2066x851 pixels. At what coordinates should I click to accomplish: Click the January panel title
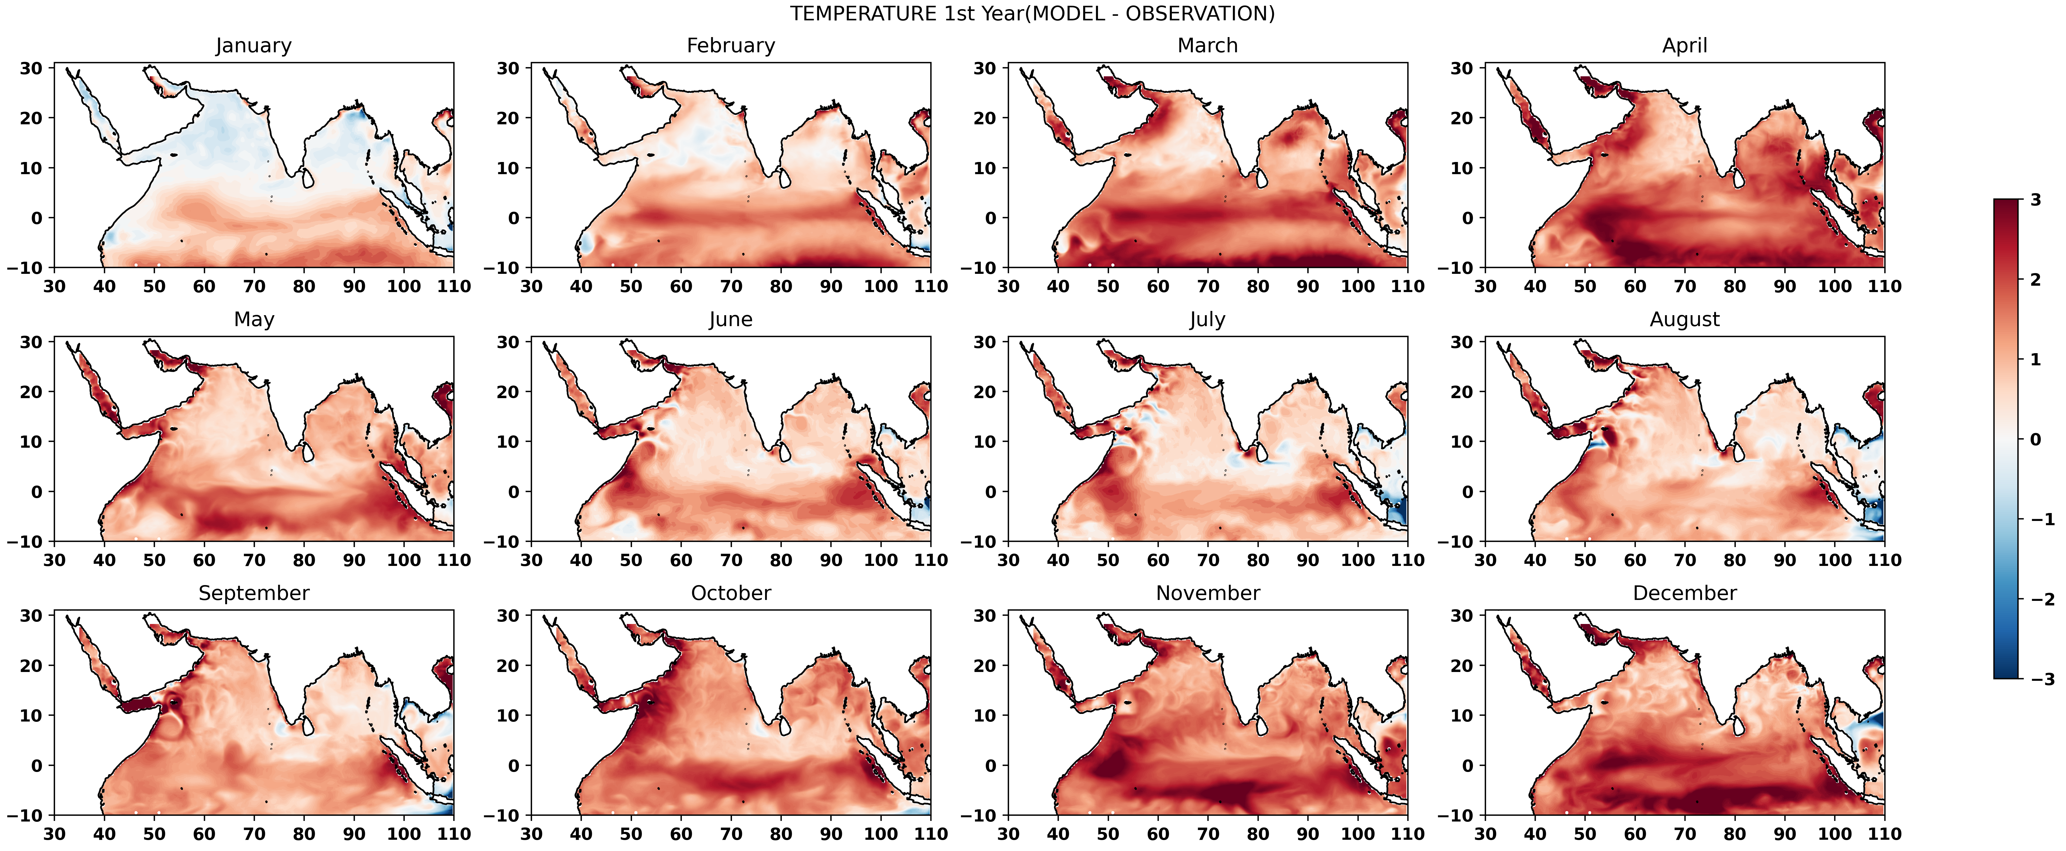click(253, 46)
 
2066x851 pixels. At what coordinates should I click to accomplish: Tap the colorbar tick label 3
click(2036, 200)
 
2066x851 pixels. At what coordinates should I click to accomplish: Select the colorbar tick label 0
click(2036, 439)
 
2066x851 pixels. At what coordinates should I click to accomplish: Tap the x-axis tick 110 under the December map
click(1884, 834)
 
